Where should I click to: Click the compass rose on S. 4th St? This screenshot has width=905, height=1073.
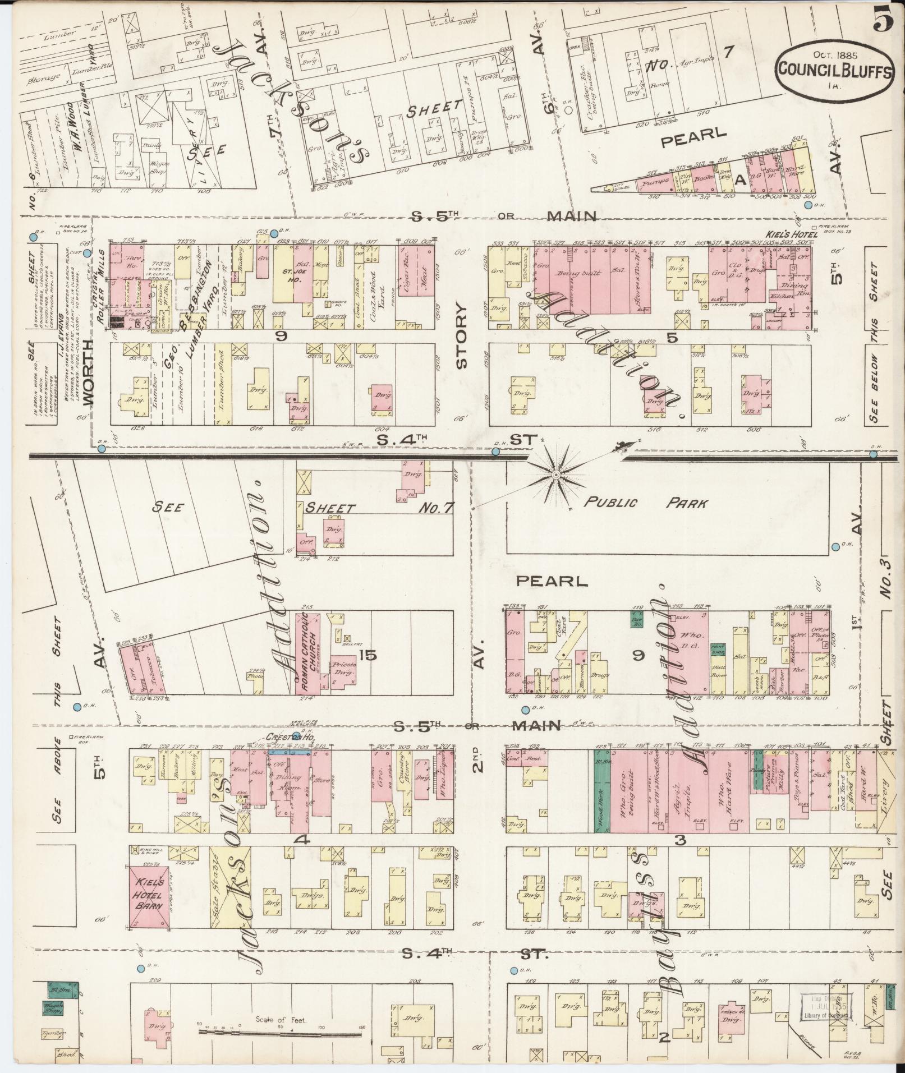coord(555,475)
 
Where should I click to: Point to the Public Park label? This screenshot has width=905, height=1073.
coord(645,503)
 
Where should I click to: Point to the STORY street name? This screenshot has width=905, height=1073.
coord(461,337)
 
